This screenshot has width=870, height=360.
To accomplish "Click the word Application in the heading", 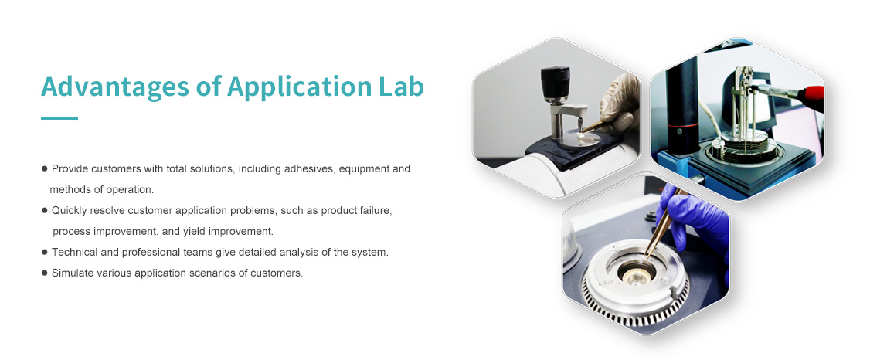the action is coord(295,87).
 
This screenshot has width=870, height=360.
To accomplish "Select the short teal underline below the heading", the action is coord(59,118).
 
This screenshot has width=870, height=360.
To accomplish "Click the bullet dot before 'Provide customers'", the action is coord(44,168).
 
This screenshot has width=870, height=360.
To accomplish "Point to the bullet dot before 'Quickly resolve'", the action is coord(44,210).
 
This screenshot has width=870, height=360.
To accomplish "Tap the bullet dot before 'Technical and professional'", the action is coord(44,253).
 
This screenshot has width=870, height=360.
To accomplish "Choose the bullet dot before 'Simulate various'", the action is coord(44,273).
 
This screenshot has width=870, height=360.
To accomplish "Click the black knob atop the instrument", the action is coord(556,82).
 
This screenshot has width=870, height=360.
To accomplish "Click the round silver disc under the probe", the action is coord(579,138).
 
